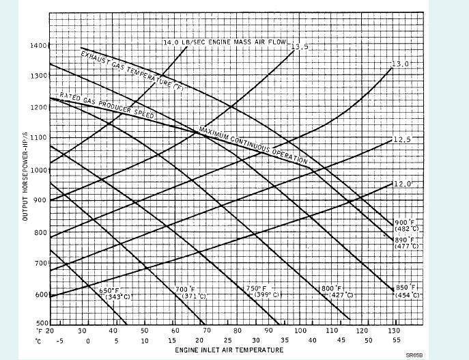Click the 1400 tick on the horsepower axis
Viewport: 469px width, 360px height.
click(38, 46)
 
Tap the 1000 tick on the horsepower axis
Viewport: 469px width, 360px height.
click(38, 169)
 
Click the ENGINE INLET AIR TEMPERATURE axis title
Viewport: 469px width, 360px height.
click(221, 350)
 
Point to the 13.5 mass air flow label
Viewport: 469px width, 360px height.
click(301, 47)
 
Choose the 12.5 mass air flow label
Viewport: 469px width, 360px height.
click(402, 140)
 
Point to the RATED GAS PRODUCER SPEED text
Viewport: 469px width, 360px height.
click(106, 106)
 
